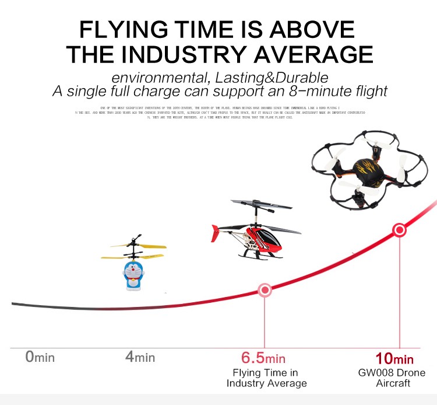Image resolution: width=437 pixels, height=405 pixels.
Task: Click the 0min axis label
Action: point(40,357)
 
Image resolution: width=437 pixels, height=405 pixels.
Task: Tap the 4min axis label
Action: point(140,357)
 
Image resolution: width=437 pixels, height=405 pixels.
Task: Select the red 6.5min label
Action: point(263,358)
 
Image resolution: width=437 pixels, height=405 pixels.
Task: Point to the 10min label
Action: point(394,358)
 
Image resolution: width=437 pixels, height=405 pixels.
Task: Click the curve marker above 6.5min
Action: point(265,289)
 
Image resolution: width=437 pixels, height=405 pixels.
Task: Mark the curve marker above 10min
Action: point(400,230)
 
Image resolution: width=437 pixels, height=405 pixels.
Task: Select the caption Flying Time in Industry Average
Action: point(266,378)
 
